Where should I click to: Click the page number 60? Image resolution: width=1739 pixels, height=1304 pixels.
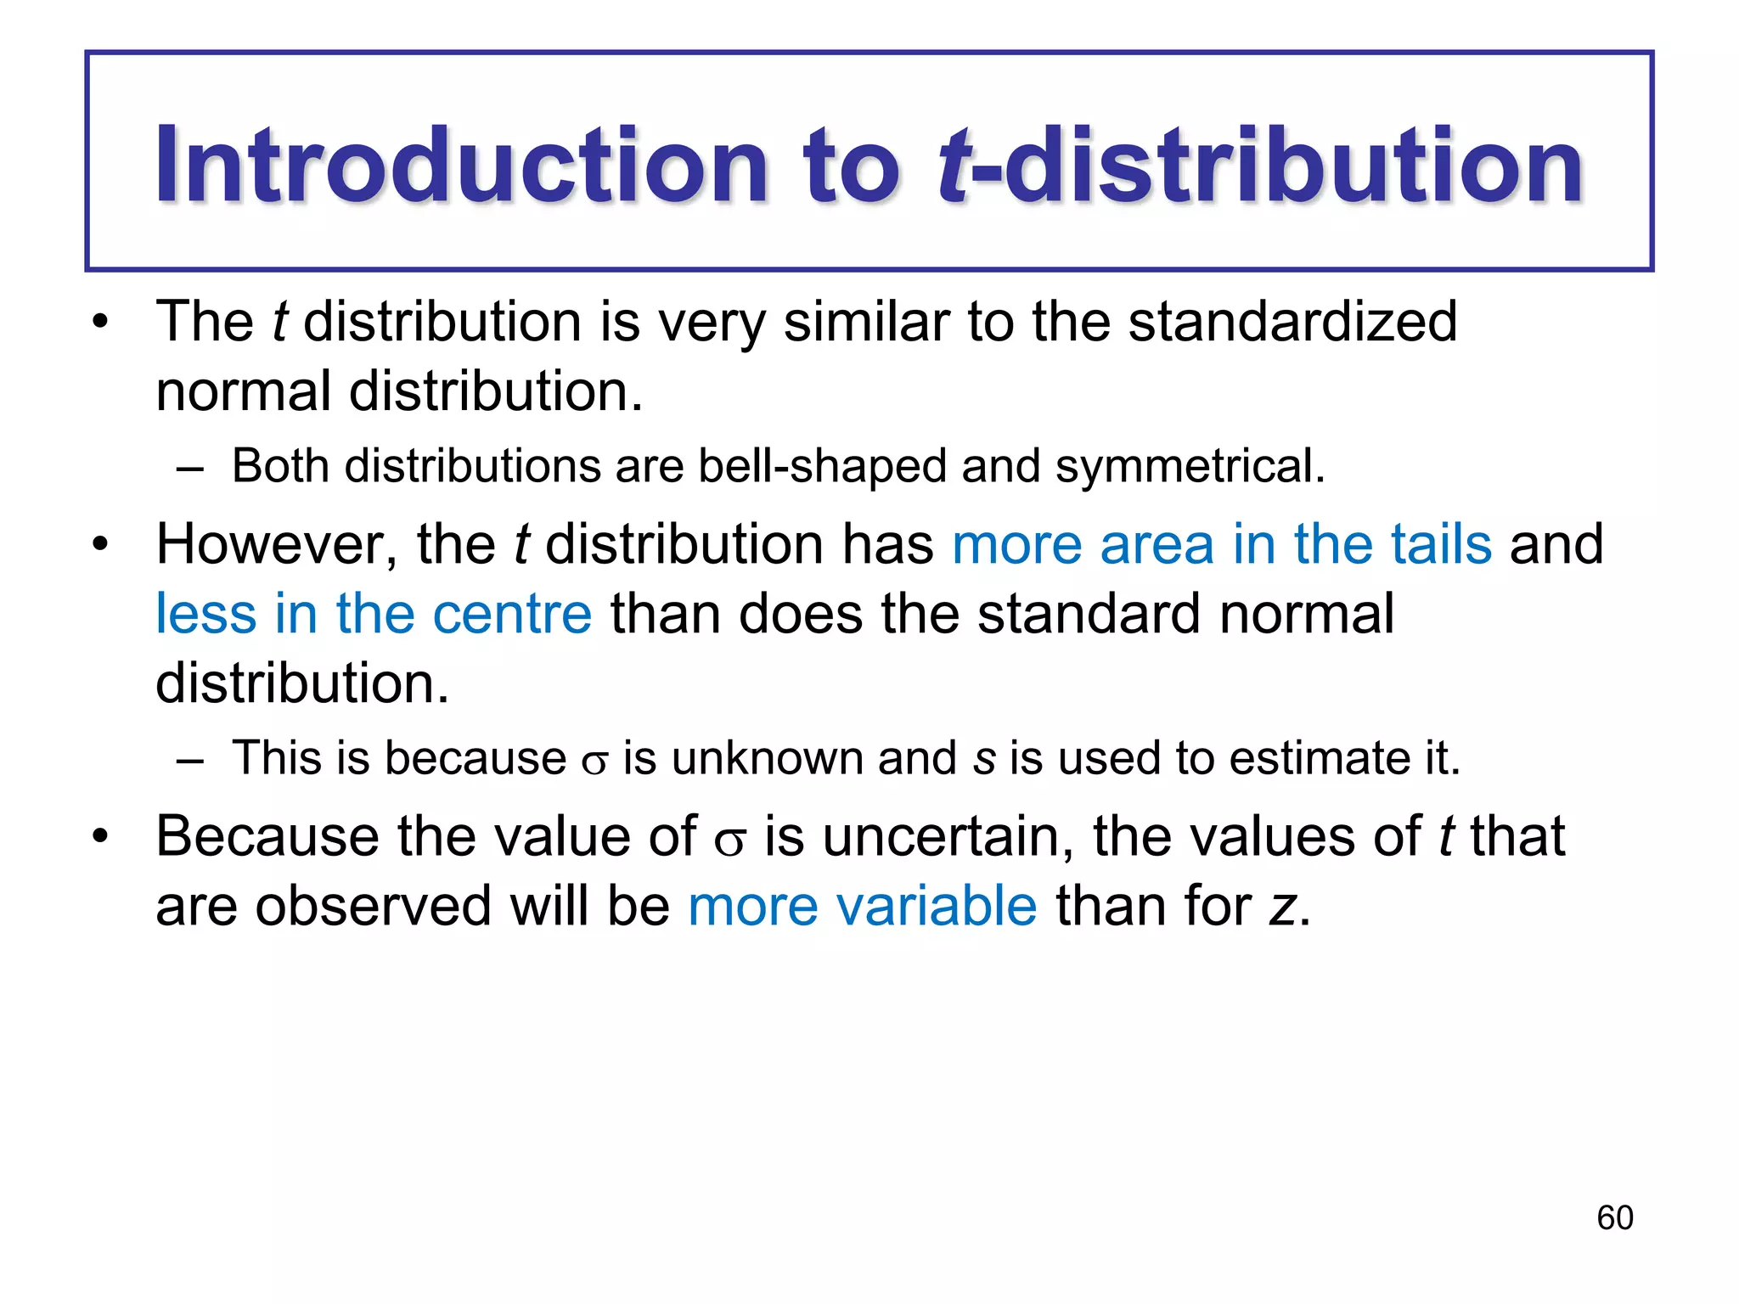tap(1614, 1217)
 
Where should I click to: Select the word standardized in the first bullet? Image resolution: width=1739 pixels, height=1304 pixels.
tap(1292, 323)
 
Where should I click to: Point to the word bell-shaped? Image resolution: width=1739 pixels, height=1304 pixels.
tap(822, 467)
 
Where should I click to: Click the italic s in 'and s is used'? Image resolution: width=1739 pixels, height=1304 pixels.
tap(983, 759)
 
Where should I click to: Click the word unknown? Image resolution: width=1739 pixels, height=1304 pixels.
tap(768, 758)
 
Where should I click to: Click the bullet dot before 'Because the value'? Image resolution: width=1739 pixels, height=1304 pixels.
tap(101, 837)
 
